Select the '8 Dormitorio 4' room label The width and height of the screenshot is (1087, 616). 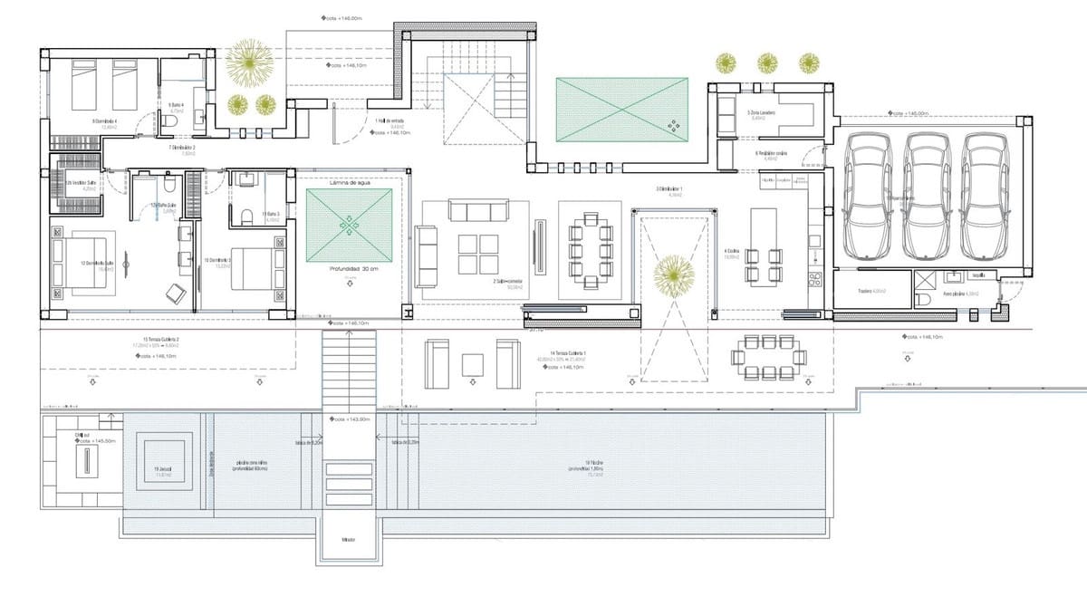[x=105, y=122]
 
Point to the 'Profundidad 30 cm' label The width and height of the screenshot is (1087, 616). [x=349, y=269]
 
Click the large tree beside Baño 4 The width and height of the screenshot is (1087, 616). [x=248, y=62]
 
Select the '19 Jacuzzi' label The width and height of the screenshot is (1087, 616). [x=163, y=469]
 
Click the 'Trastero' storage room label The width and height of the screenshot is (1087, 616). [x=871, y=292]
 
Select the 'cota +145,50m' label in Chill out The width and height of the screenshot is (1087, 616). [x=96, y=440]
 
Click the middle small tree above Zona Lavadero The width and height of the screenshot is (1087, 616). [x=767, y=63]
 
